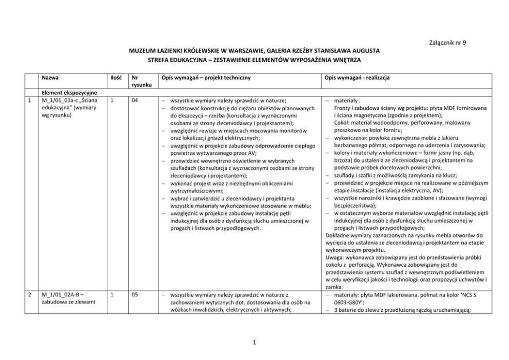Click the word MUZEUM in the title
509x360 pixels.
point(141,52)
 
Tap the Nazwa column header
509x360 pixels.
point(50,77)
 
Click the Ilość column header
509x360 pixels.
point(115,77)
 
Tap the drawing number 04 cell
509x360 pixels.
point(134,101)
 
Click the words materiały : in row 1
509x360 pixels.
point(347,101)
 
